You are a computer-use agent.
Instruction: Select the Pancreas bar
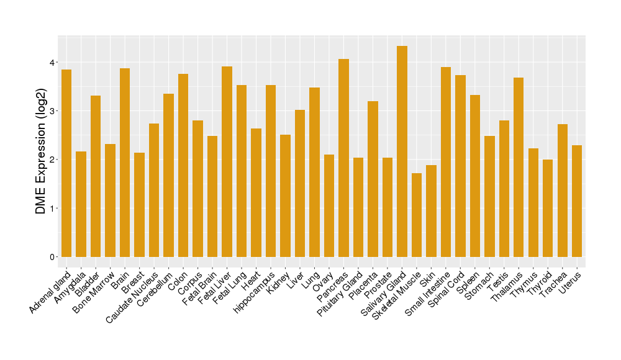click(x=343, y=158)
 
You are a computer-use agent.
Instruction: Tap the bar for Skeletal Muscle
click(x=417, y=215)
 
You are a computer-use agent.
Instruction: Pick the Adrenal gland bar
click(x=66, y=163)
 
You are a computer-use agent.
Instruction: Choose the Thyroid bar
click(x=548, y=208)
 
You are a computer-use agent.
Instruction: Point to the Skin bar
click(x=431, y=210)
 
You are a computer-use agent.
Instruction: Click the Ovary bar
click(x=329, y=205)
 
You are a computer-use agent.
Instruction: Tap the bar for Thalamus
click(x=519, y=167)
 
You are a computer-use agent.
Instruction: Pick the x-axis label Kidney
click(x=278, y=281)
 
